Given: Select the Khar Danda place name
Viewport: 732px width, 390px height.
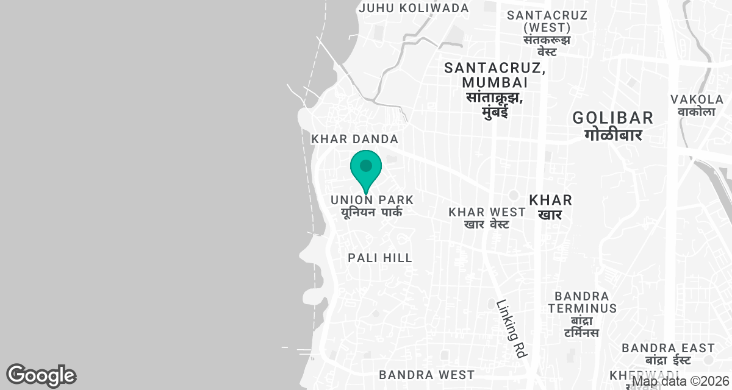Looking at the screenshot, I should [355, 140].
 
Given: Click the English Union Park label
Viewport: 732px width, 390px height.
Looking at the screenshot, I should [372, 200].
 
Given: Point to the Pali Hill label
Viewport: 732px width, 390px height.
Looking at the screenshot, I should [380, 258].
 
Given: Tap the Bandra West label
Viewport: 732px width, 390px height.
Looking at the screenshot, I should [426, 374].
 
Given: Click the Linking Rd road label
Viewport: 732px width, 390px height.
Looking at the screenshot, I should [511, 328].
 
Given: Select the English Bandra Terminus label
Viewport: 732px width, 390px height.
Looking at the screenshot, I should [582, 302].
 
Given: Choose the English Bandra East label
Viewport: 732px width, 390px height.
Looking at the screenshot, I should [668, 348].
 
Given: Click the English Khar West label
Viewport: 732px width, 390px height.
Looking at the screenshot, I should [487, 212].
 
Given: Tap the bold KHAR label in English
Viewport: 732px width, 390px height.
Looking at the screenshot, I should [550, 200].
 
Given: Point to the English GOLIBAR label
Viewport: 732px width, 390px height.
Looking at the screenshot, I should [613, 118].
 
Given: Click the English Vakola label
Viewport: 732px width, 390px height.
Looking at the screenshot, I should [697, 99].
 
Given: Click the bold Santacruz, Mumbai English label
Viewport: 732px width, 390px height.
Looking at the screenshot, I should [495, 74].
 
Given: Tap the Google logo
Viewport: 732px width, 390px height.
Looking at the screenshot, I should [41, 375].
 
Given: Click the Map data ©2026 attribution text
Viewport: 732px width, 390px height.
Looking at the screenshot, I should [681, 382].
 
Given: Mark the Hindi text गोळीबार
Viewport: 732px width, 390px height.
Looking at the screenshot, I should [613, 135].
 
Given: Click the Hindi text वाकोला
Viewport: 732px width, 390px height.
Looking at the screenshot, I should [696, 112].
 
